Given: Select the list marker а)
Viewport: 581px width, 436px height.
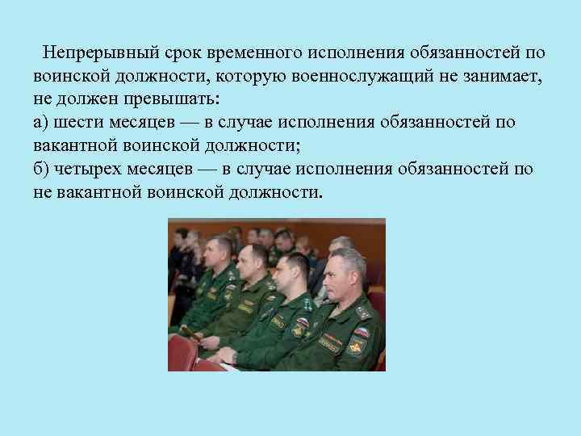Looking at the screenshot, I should [42, 123].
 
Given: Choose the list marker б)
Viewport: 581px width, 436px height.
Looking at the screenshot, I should [42, 170].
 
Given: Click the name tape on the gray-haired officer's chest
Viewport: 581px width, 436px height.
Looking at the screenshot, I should [332, 338].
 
